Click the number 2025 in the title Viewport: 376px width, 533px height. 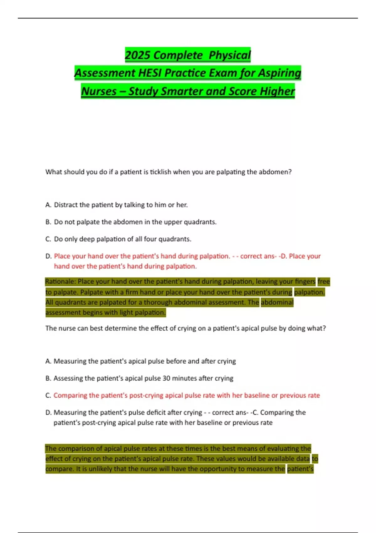click(138, 55)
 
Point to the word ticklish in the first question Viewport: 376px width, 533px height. click(161, 172)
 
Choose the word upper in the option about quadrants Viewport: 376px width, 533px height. click(173, 222)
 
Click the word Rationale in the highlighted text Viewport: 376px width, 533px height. click(60, 282)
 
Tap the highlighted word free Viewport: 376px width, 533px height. click(324, 282)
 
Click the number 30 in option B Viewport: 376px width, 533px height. click(166, 378)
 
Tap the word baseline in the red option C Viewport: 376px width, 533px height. click(257, 395)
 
